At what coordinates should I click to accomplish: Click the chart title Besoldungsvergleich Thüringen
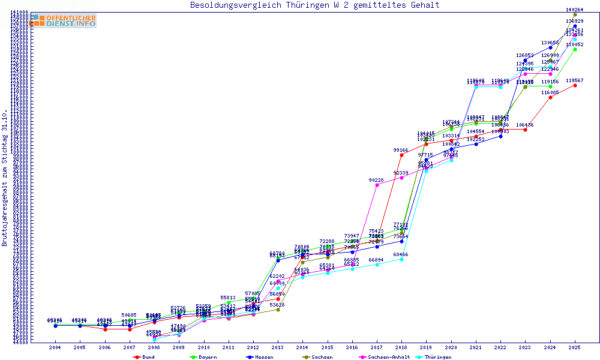point(315,5)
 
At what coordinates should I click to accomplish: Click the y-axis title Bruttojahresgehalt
point(5,178)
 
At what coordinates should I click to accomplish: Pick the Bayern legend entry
point(205,356)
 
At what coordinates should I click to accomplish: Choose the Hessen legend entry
point(262,356)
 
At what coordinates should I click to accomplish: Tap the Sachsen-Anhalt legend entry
point(387,356)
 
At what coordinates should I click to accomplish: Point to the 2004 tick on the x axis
point(55,347)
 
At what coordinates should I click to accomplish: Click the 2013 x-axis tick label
point(278,347)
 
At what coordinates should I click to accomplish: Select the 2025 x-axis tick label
point(575,347)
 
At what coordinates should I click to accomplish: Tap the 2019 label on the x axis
point(426,347)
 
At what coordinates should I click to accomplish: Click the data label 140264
point(575,10)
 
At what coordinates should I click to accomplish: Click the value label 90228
point(376,180)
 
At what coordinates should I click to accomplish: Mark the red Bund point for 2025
point(575,85)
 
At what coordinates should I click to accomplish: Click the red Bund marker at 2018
point(401,155)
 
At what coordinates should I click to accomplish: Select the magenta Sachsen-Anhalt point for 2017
point(377,185)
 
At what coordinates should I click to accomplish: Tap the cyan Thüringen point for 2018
point(401,259)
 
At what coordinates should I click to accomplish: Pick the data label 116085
point(550,92)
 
